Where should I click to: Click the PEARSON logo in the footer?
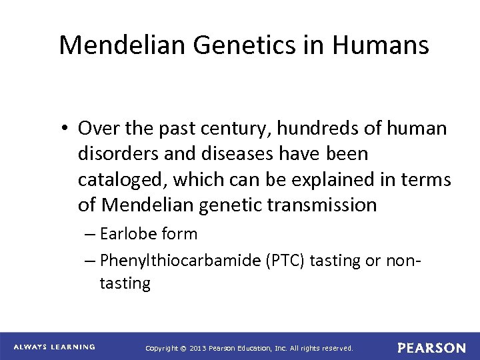click(431, 347)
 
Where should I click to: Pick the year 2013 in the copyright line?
click(197, 348)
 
